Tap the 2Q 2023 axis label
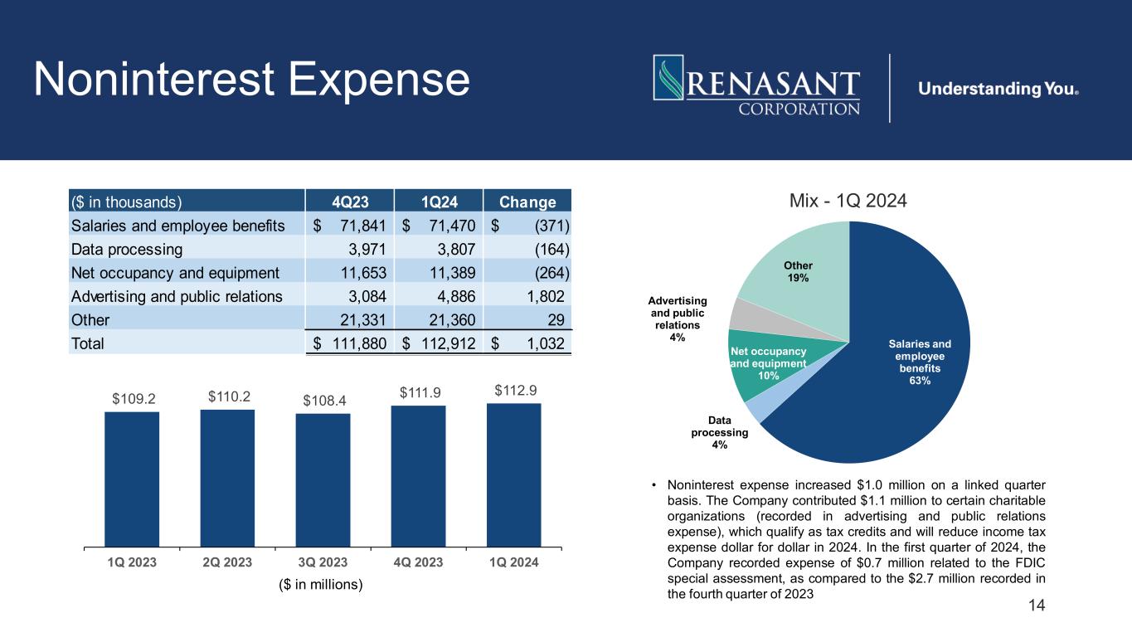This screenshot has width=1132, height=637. pyautogui.click(x=227, y=562)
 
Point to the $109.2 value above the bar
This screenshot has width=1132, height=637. pyautogui.click(x=132, y=398)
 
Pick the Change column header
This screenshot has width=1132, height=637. pyautogui.click(x=527, y=202)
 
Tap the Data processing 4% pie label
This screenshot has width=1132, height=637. pyautogui.click(x=719, y=432)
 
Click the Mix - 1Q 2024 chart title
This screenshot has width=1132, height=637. pyautogui.click(x=849, y=201)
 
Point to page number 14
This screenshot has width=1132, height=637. pyautogui.click(x=1037, y=606)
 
